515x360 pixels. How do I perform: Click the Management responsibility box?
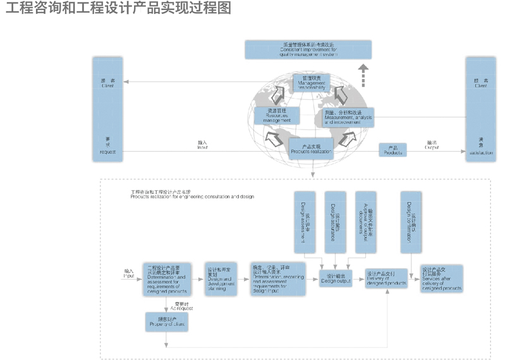(x=311, y=82)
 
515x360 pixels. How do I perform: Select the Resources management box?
(x=272, y=115)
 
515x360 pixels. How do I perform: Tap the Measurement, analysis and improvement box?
(x=348, y=117)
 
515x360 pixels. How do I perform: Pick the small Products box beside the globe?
(x=392, y=150)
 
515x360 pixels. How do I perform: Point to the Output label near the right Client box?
(x=432, y=147)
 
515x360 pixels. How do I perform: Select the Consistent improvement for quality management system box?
(x=308, y=49)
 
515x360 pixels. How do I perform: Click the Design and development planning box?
(x=220, y=279)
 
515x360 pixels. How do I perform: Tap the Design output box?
(x=336, y=278)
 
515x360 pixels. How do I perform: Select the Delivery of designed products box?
(x=386, y=279)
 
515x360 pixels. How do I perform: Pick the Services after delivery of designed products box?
(x=442, y=279)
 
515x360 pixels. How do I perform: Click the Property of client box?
(x=166, y=322)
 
